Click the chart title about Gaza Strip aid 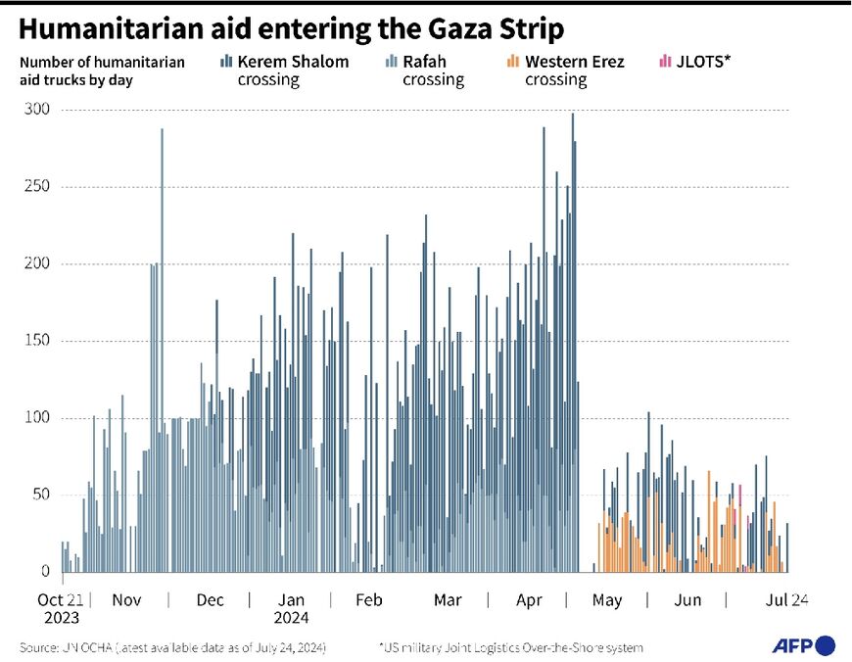(292, 29)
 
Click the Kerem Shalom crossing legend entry (284, 71)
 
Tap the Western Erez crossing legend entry (565, 71)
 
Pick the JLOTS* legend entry (696, 62)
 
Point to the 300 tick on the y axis (37, 110)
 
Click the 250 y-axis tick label (37, 187)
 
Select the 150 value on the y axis (37, 341)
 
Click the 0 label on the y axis (45, 572)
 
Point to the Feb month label (368, 599)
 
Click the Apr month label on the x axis (530, 599)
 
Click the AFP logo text (793, 645)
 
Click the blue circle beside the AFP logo (826, 645)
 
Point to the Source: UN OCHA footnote (171, 647)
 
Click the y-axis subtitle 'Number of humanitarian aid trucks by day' (102, 71)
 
